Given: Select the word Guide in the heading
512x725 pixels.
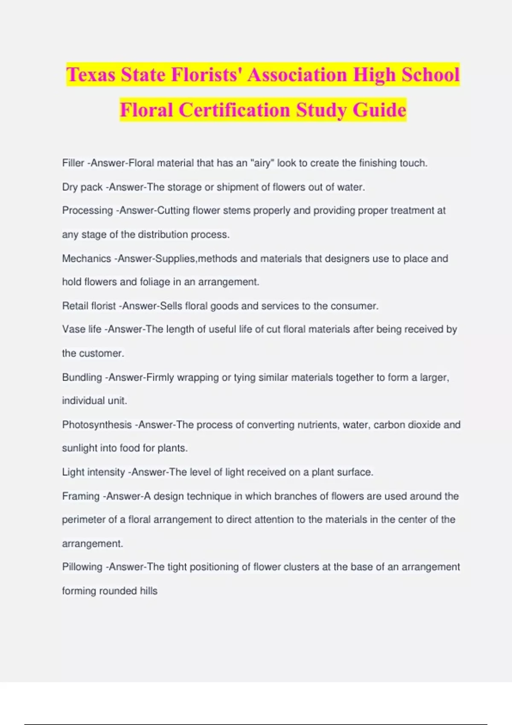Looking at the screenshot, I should click(379, 110).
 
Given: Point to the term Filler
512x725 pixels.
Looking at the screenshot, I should click(73, 163).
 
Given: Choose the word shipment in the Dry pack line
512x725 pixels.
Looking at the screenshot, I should click(237, 187).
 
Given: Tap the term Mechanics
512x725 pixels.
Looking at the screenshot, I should click(86, 258).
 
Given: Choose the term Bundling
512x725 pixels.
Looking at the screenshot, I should click(82, 377).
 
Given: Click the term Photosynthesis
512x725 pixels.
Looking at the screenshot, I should click(97, 425).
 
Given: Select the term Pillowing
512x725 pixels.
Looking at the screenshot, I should click(82, 567).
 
